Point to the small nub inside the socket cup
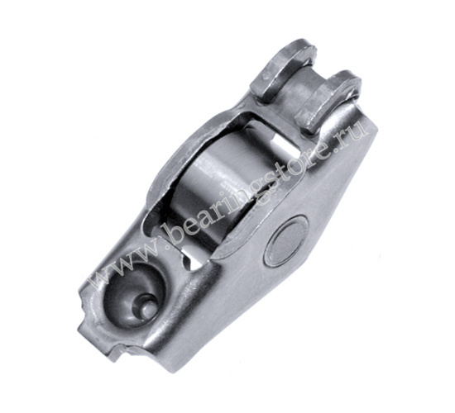pos(146,308)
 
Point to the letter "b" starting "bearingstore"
pos(176,232)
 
